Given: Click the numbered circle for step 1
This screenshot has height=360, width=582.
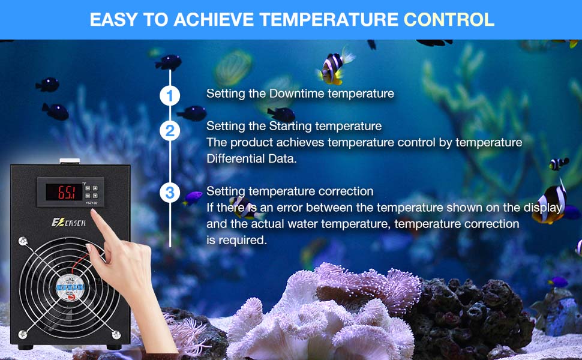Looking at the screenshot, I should click(170, 95).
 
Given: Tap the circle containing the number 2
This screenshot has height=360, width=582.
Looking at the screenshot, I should click(170, 131).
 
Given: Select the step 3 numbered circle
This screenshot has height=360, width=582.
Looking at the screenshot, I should click(170, 193).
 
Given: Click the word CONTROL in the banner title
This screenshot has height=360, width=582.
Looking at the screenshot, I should click(449, 19).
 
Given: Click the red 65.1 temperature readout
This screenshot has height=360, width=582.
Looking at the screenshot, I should click(66, 193).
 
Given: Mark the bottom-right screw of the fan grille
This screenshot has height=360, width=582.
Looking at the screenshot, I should click(107, 334).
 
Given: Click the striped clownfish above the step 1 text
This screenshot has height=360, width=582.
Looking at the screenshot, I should click(334, 67).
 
